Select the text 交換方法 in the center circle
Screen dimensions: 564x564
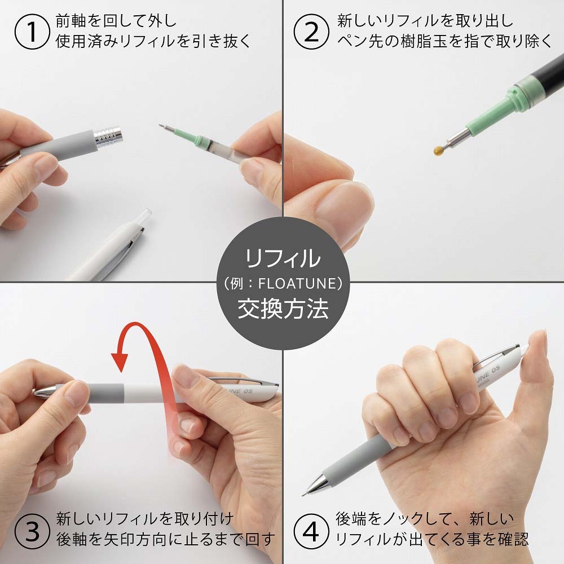pos(282,309)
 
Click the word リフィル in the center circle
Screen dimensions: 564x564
pos(282,259)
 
